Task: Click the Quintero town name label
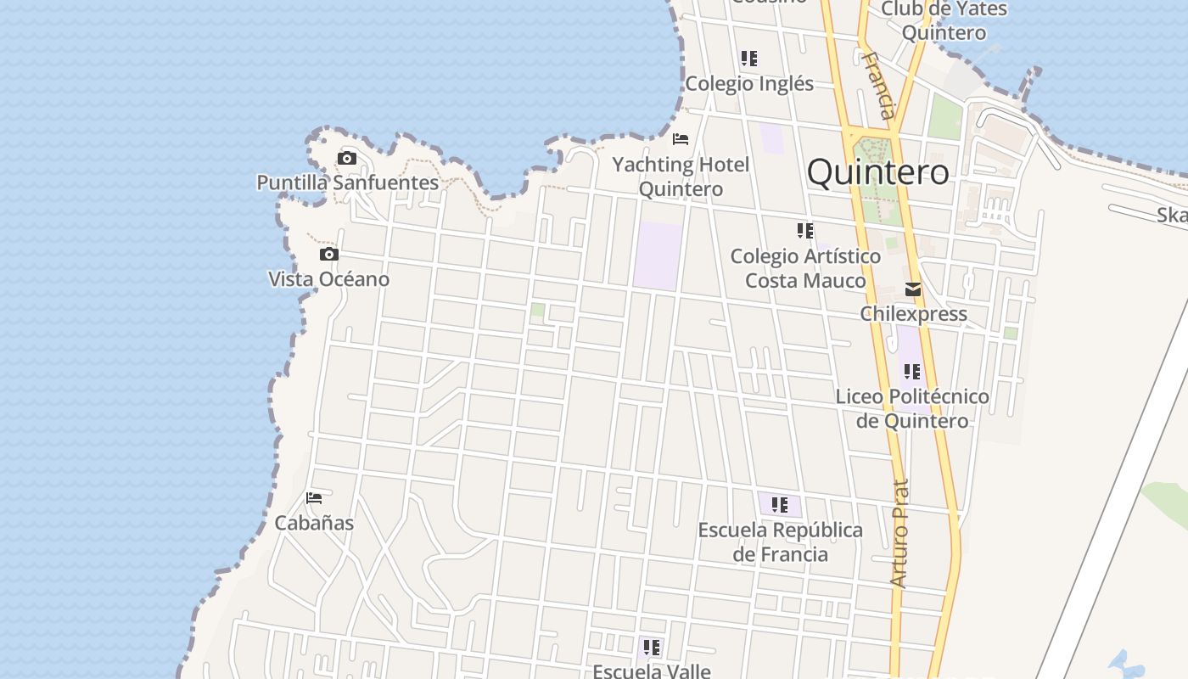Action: point(877,172)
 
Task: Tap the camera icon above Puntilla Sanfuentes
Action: point(346,158)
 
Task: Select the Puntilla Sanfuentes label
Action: point(348,182)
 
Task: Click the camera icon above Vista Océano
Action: point(329,254)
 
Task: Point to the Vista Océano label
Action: point(329,279)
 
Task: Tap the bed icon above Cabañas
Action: point(314,498)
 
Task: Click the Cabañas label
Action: point(314,523)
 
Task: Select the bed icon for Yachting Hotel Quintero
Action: point(681,138)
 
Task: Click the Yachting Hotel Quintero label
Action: point(681,177)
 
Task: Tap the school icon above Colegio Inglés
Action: point(748,59)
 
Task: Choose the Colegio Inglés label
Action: point(749,83)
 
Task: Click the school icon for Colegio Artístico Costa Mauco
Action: point(805,230)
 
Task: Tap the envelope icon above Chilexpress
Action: point(913,289)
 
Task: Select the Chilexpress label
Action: point(913,314)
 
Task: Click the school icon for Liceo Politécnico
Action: point(912,371)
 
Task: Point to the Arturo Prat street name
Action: point(899,533)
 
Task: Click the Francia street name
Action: point(878,85)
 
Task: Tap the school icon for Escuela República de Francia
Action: point(780,505)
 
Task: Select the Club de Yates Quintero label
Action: point(944,21)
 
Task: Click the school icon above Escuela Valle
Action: point(651,648)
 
